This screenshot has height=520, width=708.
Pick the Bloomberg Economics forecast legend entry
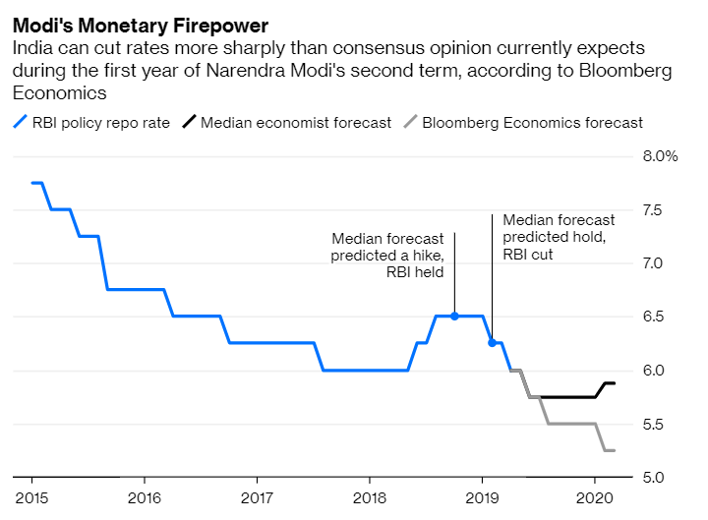pyautogui.click(x=532, y=123)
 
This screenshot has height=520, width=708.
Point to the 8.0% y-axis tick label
pyautogui.click(x=660, y=157)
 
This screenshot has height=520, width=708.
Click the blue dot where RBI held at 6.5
pyautogui.click(x=454, y=317)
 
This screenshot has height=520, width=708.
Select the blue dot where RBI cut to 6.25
pyautogui.click(x=492, y=343)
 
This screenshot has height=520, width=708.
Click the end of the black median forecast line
pyautogui.click(x=615, y=383)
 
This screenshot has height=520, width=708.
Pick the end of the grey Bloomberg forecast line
pyautogui.click(x=615, y=450)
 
